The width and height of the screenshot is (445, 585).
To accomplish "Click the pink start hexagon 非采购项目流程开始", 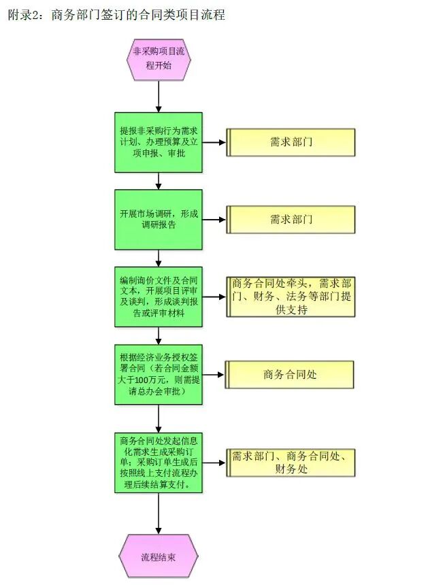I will click(x=159, y=58).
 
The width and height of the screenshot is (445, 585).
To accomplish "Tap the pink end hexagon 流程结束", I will click(x=159, y=556).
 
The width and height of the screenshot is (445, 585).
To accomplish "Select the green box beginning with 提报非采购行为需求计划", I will click(x=159, y=142).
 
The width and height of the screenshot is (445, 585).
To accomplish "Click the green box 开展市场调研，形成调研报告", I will click(x=159, y=219).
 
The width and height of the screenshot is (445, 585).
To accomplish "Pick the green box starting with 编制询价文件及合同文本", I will click(x=159, y=297).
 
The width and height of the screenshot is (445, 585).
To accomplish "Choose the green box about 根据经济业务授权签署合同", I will click(x=159, y=374).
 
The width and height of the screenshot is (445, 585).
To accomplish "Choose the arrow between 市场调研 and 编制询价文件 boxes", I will click(x=159, y=258).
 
